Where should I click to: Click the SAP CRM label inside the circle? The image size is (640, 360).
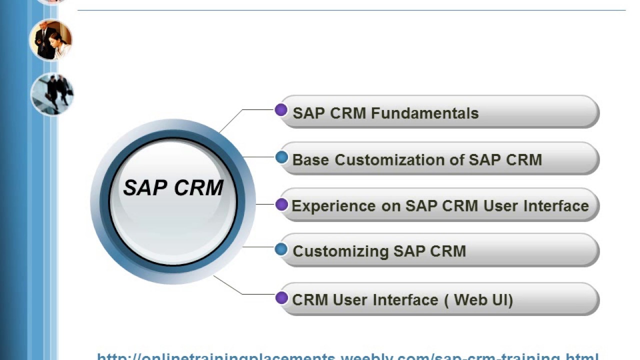[x=173, y=188]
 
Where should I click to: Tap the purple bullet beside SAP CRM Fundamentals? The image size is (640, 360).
[x=281, y=110]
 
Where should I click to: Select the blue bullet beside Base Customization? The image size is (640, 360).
[x=281, y=157]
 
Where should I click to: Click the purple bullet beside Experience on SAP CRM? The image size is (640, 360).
[x=281, y=204]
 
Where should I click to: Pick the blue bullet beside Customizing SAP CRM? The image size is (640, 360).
[x=281, y=249]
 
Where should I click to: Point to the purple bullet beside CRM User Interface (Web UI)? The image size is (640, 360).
[x=281, y=298]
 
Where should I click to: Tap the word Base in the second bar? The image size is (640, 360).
[x=311, y=160]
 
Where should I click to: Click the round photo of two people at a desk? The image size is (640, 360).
[x=51, y=39]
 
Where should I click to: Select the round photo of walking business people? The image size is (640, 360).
[x=52, y=94]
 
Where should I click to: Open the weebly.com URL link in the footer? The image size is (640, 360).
[x=347, y=356]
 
